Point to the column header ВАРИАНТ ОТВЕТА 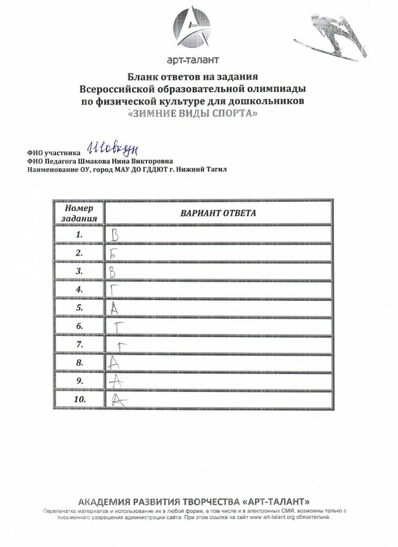218,213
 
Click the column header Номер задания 79,213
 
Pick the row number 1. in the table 79,235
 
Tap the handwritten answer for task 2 113,253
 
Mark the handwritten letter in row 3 112,272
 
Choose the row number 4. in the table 79,290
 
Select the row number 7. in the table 79,344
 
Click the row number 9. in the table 79,380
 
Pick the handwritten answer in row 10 113,399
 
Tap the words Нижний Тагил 209,169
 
